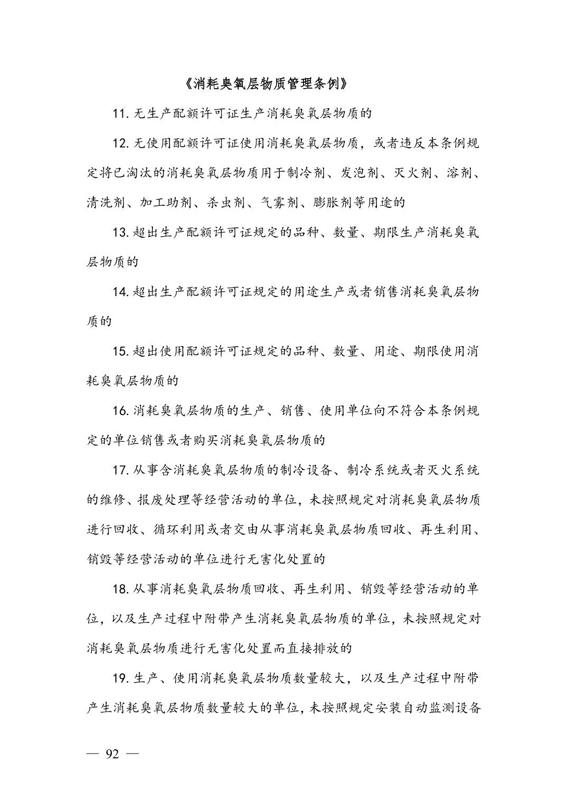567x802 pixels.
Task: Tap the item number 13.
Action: coord(120,232)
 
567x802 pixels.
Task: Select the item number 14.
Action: coord(120,292)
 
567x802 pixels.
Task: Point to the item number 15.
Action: coord(120,351)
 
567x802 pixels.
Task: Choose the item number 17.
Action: coord(120,470)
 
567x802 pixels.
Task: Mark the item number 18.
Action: coord(120,589)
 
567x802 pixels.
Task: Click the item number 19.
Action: coord(120,678)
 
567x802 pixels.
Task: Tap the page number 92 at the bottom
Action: coord(112,753)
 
